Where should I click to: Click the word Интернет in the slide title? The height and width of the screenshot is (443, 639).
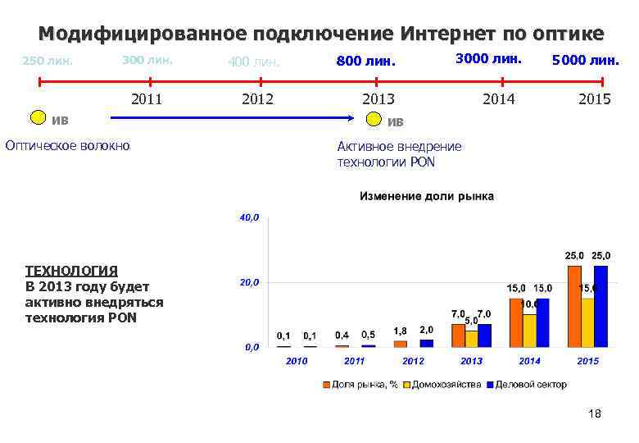click(443, 34)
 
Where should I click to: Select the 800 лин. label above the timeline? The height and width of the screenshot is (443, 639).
click(365, 61)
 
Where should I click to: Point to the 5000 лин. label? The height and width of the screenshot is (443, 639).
click(586, 60)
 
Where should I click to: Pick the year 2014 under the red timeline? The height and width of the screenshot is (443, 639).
click(499, 98)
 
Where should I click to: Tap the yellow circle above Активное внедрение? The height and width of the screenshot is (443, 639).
click(374, 120)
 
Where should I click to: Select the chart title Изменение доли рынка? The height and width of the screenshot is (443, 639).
click(426, 197)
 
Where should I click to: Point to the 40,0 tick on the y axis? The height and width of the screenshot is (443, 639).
click(248, 218)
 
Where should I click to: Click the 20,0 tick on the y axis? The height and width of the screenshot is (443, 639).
click(248, 282)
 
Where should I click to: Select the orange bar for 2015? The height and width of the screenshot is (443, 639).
click(573, 306)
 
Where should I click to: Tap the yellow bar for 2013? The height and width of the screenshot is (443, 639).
click(471, 338)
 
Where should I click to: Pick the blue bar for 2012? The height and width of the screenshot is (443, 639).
click(427, 343)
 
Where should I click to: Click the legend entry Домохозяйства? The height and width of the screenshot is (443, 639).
click(446, 384)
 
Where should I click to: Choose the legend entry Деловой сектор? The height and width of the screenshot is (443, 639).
click(529, 384)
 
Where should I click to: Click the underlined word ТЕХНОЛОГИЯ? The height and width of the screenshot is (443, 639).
click(71, 270)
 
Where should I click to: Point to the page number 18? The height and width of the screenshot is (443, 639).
click(595, 414)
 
